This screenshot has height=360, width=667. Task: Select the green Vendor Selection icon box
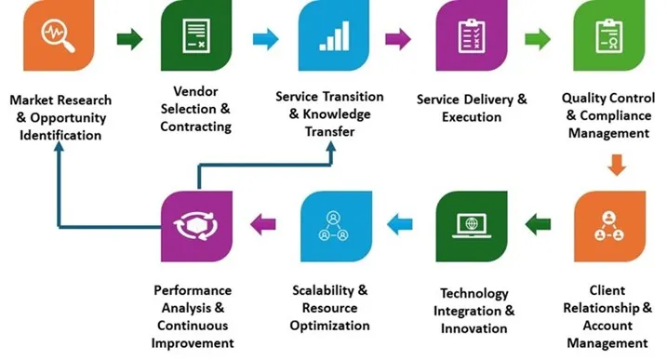pos(196,39)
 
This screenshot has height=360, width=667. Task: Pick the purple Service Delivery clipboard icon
pos(470,39)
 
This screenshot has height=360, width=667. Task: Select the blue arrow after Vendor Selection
pos(265,39)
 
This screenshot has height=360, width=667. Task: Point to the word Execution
pos(473,117)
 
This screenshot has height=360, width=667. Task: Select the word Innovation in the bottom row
pos(475,327)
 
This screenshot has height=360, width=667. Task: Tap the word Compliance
pos(616,116)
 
